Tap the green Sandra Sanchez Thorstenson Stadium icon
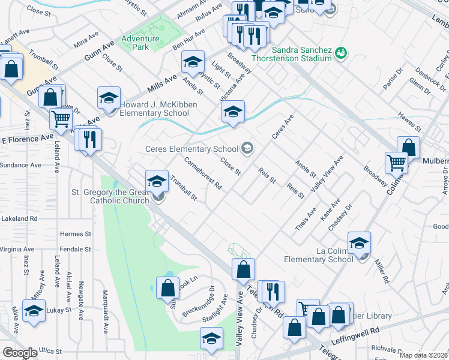pyautogui.click(x=341, y=53)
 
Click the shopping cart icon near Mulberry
pyautogui.click(x=396, y=162)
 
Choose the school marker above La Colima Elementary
pyautogui.click(x=359, y=242)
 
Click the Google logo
pyautogui.click(x=20, y=353)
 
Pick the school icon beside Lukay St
pyautogui.click(x=34, y=311)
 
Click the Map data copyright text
pyautogui.click(x=424, y=355)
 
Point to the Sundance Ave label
pyautogui.click(x=20, y=164)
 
